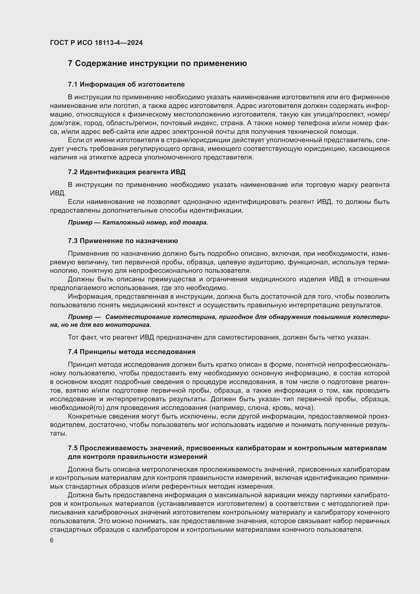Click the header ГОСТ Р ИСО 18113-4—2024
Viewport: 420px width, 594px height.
[96, 43]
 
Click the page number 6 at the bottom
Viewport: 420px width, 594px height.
[52, 540]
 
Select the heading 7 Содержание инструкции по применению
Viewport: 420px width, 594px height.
[157, 63]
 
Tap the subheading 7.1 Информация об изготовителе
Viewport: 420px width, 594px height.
[126, 84]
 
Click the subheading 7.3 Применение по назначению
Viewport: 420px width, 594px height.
[123, 241]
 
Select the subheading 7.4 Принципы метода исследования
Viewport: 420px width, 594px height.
[132, 352]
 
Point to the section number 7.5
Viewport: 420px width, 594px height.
[73, 448]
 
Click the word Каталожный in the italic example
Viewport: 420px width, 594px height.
[119, 222]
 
